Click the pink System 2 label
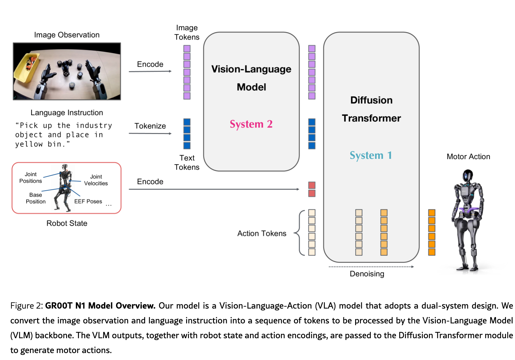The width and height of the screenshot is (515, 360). coord(251,124)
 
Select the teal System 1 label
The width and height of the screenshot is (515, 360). coord(371,155)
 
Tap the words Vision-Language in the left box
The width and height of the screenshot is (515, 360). coord(251,69)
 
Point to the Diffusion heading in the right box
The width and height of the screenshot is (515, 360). coord(371,100)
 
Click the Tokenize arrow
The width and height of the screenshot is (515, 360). coord(150,133)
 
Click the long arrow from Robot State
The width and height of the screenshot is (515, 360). coord(214,189)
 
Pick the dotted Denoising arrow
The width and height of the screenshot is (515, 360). coord(371,267)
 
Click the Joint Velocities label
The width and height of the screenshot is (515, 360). coord(96,180)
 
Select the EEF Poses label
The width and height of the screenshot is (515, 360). coord(88,201)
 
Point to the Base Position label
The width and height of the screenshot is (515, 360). coord(36,198)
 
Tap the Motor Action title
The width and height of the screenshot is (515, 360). coord(468,157)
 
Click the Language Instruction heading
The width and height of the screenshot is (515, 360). coord(67,113)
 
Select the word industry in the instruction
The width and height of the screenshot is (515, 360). coord(94,126)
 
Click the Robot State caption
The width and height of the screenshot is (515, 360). coord(67,223)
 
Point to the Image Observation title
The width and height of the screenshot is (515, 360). coord(67,35)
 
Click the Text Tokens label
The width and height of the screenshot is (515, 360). coord(187,162)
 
